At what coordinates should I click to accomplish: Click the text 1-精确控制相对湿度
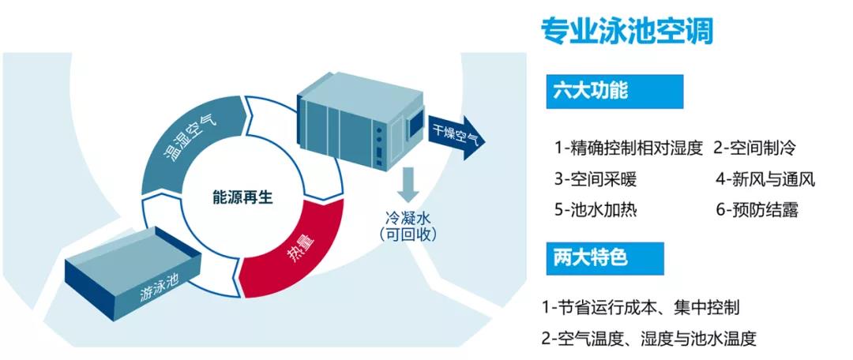628,148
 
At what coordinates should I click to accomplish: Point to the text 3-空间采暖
595,179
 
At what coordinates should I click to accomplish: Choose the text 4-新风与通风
765,179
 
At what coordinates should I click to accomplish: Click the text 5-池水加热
595,210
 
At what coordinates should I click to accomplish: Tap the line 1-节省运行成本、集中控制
641,307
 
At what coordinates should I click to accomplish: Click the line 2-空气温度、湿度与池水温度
648,339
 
